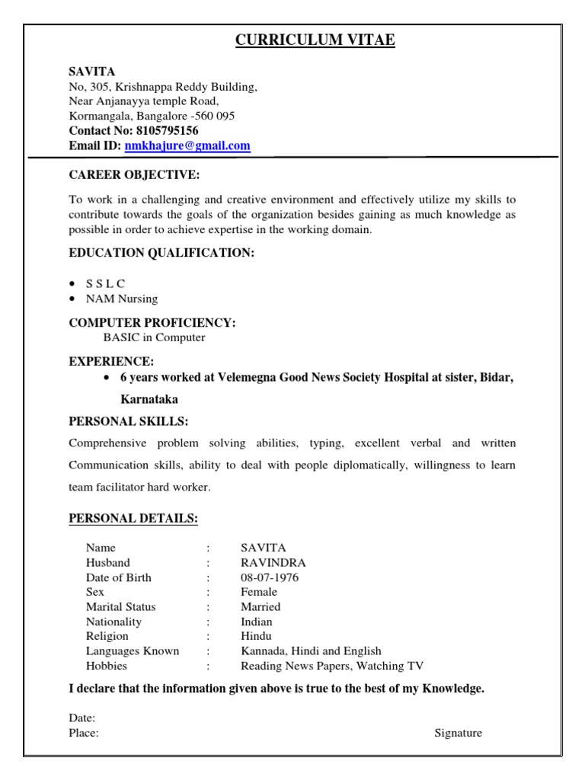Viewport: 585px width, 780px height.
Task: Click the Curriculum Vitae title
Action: point(315,40)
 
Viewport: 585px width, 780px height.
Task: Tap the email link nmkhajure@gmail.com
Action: point(187,145)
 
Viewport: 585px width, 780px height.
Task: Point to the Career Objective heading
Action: point(134,175)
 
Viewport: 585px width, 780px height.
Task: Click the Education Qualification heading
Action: point(161,253)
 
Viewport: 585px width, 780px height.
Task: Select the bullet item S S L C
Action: point(106,283)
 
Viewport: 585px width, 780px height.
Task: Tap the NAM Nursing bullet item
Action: point(122,299)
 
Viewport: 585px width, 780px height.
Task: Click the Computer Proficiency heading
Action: point(152,323)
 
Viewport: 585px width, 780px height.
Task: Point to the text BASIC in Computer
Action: point(154,337)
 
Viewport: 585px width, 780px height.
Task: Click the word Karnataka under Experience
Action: point(150,398)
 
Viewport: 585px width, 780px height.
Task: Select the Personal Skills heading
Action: point(128,420)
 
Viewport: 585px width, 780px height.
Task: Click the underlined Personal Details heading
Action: point(133,519)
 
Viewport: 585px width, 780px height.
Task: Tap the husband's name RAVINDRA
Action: point(273,563)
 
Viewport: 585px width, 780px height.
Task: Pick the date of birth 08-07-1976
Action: point(270,577)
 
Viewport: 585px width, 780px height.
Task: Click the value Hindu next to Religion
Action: point(256,636)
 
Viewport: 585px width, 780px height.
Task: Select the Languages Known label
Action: point(133,651)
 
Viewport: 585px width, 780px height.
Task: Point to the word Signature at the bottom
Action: point(458,733)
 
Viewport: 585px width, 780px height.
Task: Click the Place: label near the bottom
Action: point(84,733)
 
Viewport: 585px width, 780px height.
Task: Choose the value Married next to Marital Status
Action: point(261,607)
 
